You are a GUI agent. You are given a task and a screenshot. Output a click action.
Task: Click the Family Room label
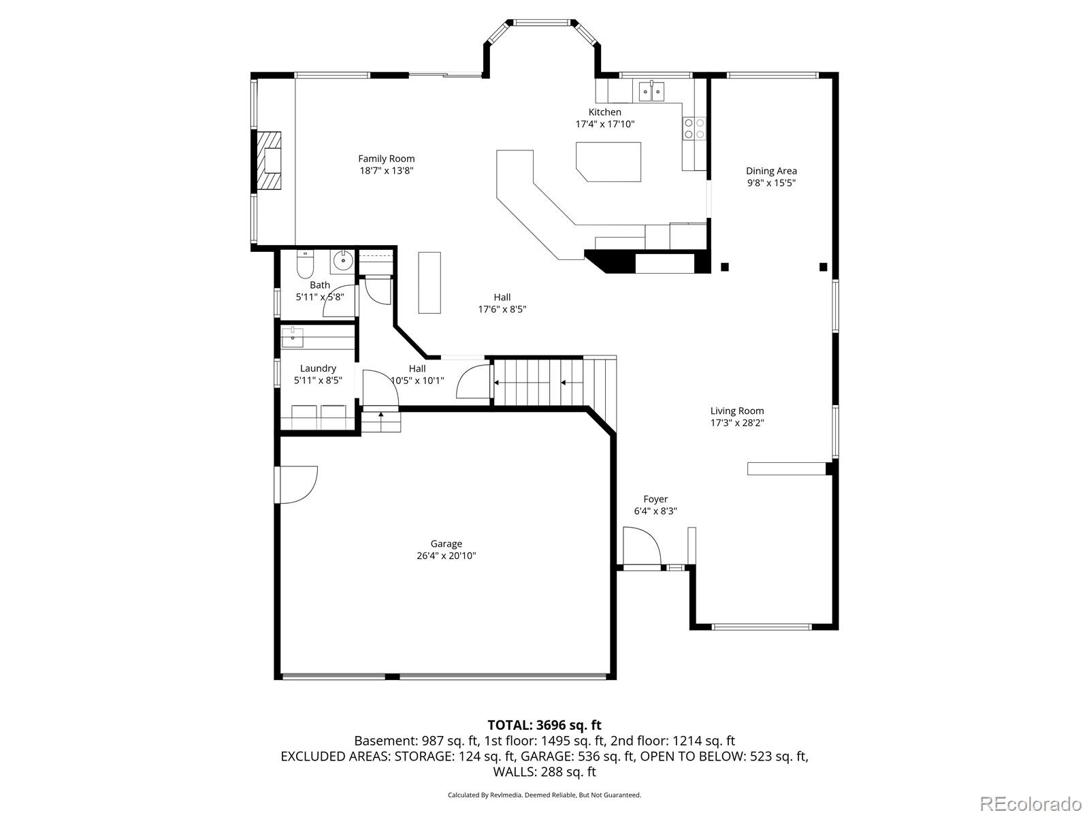(387, 159)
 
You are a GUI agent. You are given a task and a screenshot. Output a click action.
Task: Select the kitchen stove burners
(694, 129)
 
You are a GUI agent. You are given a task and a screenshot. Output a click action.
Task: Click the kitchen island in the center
(609, 161)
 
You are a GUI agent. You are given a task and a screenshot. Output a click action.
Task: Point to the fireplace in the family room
(270, 161)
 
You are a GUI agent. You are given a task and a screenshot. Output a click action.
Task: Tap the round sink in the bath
(343, 259)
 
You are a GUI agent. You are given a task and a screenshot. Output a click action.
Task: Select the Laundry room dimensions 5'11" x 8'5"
(318, 381)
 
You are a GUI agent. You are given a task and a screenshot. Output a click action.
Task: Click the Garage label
(446, 543)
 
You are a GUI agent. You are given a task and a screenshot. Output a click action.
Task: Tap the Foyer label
(655, 499)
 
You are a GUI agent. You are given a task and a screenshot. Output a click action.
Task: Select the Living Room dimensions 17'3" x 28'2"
(737, 423)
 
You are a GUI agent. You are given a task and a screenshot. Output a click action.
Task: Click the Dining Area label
(771, 171)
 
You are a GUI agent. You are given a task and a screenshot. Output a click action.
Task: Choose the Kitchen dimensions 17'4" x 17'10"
(605, 124)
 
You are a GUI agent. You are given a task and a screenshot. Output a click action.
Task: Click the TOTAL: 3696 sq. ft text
(544, 725)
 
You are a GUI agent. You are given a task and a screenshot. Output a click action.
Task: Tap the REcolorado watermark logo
(1030, 803)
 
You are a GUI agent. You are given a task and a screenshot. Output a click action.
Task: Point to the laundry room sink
(293, 337)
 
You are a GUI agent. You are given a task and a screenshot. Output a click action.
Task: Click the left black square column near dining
(725, 267)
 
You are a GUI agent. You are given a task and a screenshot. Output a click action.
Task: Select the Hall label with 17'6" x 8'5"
(502, 297)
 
